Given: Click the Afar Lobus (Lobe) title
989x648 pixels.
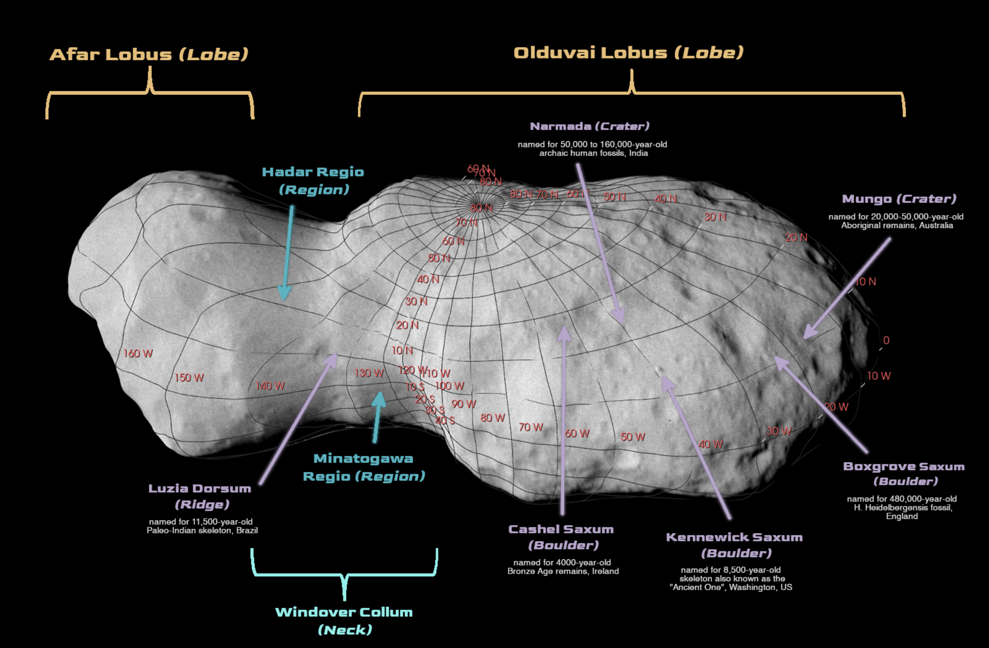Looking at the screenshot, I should point(149,55).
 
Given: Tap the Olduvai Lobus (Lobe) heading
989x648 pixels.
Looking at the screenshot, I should point(628,53).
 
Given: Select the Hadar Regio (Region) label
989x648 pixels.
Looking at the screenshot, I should point(313,181).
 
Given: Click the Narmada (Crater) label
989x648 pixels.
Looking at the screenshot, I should point(590,126).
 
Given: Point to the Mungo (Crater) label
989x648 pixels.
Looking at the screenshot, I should point(899,199).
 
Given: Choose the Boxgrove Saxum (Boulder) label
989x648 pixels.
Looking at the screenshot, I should point(904,473).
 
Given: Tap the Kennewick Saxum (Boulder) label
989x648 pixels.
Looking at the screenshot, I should point(734,545).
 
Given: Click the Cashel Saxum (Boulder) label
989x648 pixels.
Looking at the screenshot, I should point(561,537).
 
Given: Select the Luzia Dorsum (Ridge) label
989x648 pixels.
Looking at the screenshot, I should point(200,496).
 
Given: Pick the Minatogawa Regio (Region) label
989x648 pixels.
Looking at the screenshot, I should point(364,467).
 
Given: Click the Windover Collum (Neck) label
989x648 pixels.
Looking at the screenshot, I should point(344,621).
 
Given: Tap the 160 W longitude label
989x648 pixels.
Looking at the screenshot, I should point(138,354).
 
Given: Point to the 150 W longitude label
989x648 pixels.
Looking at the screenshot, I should point(189,378).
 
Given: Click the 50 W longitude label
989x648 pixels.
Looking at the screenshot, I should point(633,437).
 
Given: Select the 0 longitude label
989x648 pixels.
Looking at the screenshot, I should point(886,341).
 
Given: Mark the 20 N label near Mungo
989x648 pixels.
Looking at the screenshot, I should point(796,238).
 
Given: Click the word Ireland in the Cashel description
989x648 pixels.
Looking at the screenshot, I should point(605,571).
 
